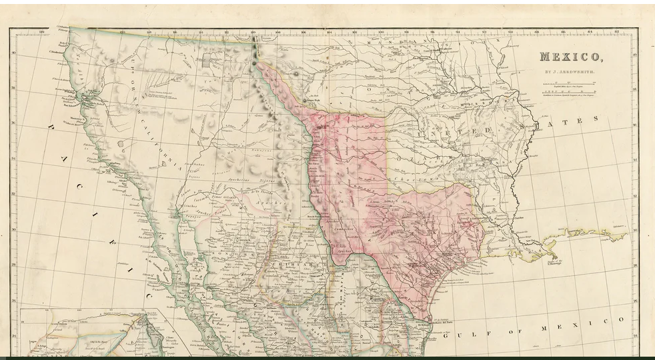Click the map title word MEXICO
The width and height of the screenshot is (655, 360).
click(571, 57)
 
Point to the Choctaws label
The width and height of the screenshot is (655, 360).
click(408, 178)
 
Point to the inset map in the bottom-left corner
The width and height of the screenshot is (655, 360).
click(83, 332)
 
